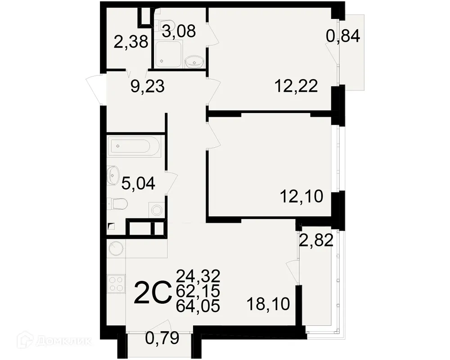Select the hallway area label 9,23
tap(147, 86)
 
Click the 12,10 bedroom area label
tap(301, 197)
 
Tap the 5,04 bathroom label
tap(139, 183)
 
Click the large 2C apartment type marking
tap(153, 293)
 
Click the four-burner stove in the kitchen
tap(116, 284)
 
